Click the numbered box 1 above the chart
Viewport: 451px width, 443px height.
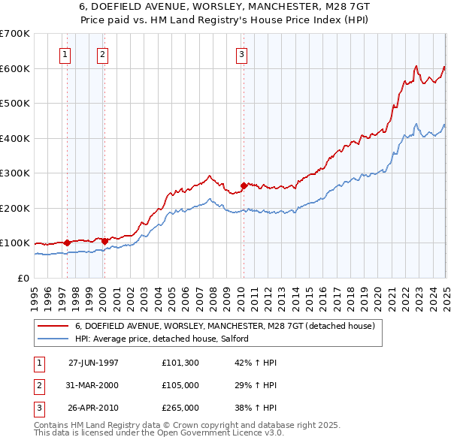[x=65, y=53]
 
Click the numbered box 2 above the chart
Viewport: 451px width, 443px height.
[x=101, y=53]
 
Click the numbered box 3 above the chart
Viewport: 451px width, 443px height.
[x=241, y=53]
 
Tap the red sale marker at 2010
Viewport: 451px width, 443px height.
[x=244, y=185]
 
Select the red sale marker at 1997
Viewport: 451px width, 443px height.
[x=68, y=243]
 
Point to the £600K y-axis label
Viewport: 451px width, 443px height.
[x=15, y=68]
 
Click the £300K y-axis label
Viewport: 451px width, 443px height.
[x=15, y=173]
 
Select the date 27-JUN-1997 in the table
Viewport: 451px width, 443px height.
[x=93, y=363]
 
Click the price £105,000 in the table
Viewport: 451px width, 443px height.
[x=180, y=385]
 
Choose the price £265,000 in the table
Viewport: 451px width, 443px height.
[x=180, y=408]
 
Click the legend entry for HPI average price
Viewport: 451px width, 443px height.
[x=162, y=339]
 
